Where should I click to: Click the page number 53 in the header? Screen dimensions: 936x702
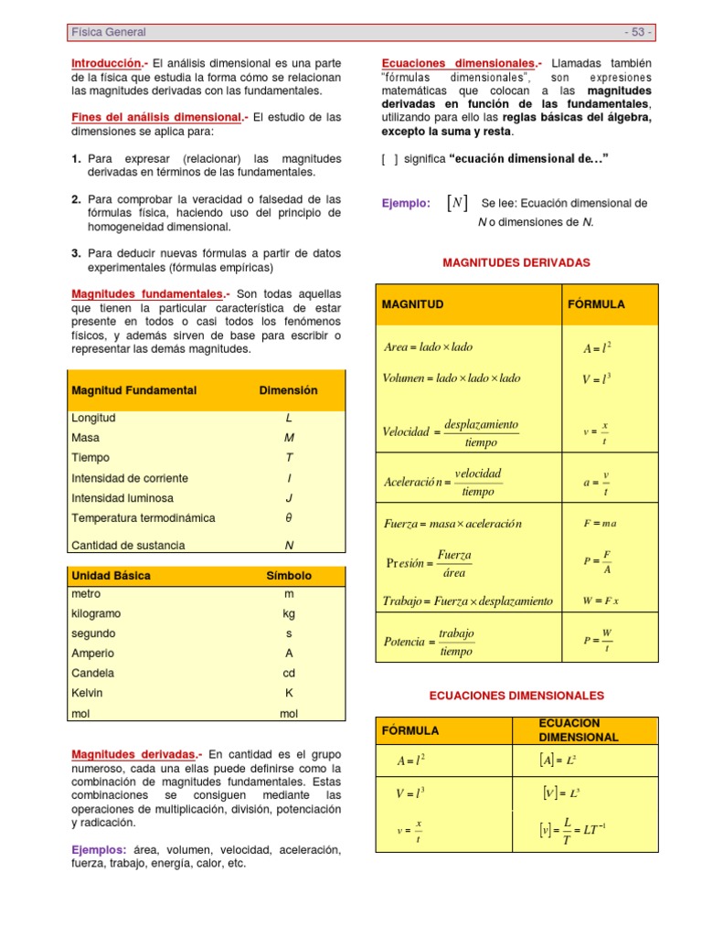(x=638, y=32)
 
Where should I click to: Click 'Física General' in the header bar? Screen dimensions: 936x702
(x=108, y=32)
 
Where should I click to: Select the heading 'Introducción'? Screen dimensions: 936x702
(x=105, y=63)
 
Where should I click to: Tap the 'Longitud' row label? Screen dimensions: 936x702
(x=93, y=418)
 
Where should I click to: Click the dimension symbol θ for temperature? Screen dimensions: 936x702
(x=289, y=518)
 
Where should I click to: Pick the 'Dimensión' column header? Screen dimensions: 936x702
(x=289, y=390)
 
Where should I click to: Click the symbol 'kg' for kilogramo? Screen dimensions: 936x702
(x=289, y=614)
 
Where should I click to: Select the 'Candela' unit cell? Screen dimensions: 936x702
(x=92, y=673)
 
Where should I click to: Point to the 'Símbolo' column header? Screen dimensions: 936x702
(x=289, y=576)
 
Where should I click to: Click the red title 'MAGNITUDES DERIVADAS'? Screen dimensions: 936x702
(x=516, y=262)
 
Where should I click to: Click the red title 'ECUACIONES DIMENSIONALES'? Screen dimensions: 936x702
(x=516, y=696)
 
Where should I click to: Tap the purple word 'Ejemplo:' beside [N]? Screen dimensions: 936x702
(x=406, y=204)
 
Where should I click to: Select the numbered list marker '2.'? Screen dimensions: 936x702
(x=77, y=198)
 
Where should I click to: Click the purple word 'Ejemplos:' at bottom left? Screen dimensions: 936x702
(x=99, y=849)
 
